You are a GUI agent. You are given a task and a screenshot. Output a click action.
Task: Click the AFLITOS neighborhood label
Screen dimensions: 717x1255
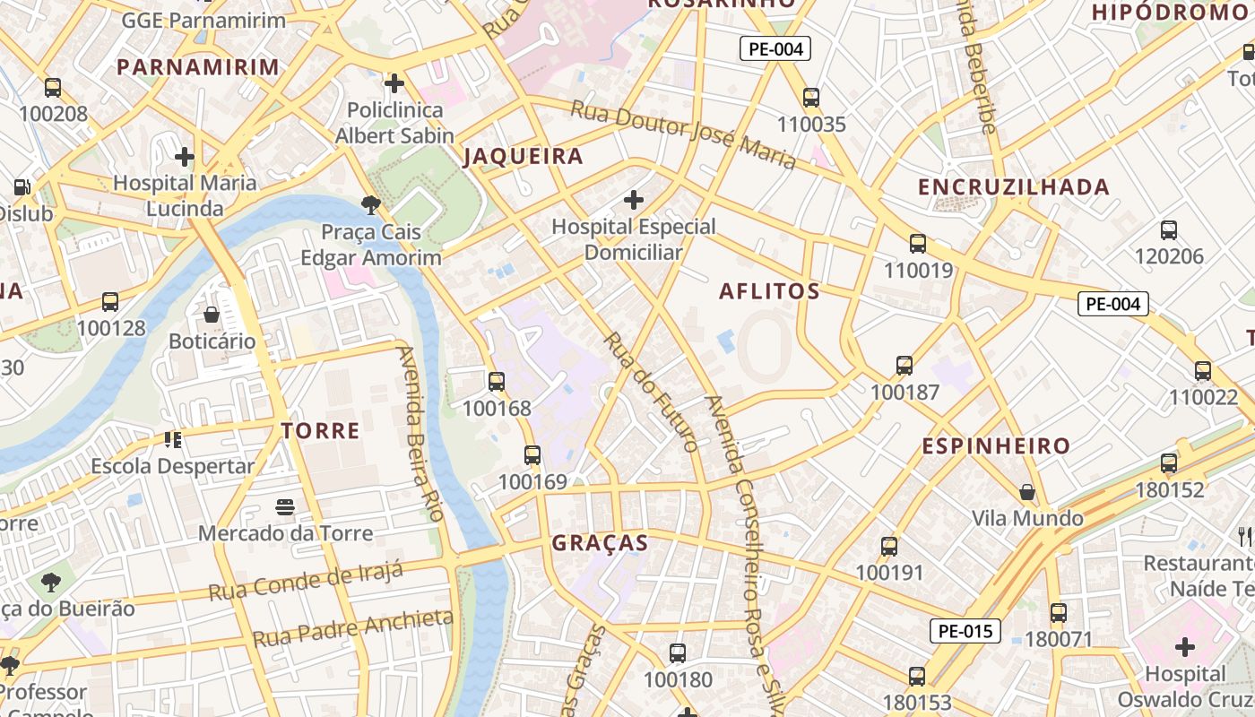[x=769, y=291]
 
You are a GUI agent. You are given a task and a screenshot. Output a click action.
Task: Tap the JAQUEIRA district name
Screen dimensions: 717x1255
[x=523, y=157]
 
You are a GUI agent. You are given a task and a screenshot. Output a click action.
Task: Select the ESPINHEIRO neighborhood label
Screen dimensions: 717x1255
[x=996, y=446]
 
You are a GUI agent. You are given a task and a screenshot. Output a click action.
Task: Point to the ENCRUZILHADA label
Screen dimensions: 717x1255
[x=1014, y=187]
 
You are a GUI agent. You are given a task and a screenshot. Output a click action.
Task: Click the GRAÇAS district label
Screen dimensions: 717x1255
[x=600, y=543]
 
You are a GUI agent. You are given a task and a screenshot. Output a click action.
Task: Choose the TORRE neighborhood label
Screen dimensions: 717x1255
[x=320, y=431]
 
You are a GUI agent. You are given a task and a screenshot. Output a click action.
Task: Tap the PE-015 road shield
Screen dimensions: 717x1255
[x=965, y=631]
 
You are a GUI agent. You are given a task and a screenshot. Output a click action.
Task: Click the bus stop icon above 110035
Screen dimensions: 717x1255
[x=811, y=98]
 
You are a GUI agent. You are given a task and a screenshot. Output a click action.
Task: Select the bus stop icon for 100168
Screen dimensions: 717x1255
[x=497, y=382]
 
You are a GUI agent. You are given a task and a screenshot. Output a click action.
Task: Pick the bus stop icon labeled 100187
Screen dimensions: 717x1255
[x=904, y=366]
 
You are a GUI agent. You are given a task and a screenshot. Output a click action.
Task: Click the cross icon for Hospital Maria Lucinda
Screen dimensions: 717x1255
[x=185, y=157]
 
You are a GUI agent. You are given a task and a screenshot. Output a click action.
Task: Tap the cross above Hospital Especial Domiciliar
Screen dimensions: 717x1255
[x=634, y=199]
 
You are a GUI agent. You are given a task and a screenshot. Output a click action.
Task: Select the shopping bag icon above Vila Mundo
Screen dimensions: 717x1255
[x=1027, y=492]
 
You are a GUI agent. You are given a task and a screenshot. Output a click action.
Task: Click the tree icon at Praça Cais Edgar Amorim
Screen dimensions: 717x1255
[x=371, y=205]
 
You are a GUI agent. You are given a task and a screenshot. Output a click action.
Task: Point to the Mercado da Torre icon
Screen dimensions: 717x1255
[x=285, y=507]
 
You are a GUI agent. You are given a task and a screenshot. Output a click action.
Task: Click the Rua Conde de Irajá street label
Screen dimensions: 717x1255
[x=306, y=581]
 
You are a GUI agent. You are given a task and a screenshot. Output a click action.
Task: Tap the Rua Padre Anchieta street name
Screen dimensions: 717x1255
[x=353, y=628]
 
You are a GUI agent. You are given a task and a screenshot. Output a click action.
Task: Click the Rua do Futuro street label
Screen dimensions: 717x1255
[x=650, y=392]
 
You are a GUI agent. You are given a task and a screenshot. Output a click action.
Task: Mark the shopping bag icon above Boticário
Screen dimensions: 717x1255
[x=212, y=315]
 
